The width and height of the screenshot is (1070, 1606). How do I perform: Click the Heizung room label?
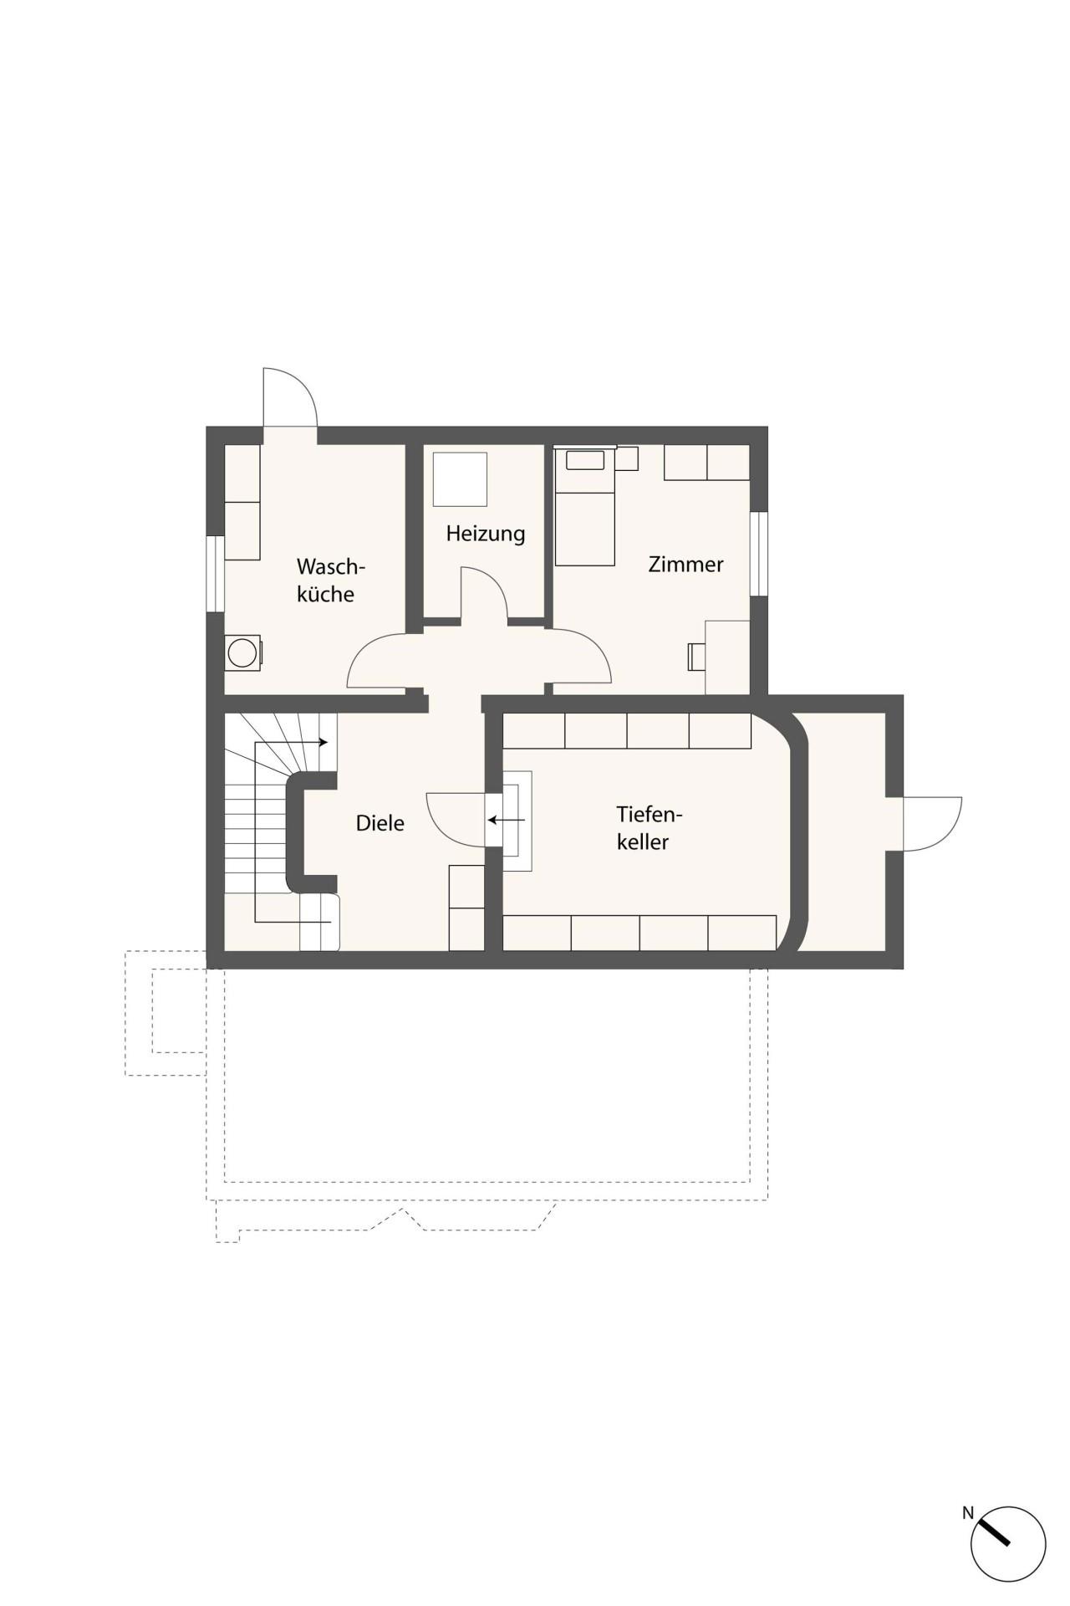[485, 534]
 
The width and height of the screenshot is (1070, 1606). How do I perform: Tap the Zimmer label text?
[685, 565]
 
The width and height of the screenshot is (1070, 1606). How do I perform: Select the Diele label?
[380, 823]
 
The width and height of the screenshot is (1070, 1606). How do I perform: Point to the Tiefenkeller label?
[650, 827]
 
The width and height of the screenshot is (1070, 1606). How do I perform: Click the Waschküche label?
[330, 580]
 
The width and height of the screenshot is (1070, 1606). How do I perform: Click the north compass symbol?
[1008, 1545]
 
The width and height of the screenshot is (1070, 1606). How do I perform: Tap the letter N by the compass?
[968, 1512]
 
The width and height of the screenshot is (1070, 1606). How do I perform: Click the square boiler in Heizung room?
[460, 478]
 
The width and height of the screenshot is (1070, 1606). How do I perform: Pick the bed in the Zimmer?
[584, 507]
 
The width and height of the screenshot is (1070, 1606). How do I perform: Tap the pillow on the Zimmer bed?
[584, 460]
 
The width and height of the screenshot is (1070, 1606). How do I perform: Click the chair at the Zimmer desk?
[695, 657]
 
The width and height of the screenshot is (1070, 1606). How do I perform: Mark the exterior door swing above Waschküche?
[289, 397]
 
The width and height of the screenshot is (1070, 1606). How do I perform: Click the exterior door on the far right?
[932, 824]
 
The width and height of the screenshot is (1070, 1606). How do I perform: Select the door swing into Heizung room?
[484, 593]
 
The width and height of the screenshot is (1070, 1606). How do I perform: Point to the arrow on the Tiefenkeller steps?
[507, 820]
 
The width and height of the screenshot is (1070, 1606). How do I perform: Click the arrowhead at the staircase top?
[324, 742]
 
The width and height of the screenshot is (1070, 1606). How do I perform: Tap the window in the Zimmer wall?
[758, 554]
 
